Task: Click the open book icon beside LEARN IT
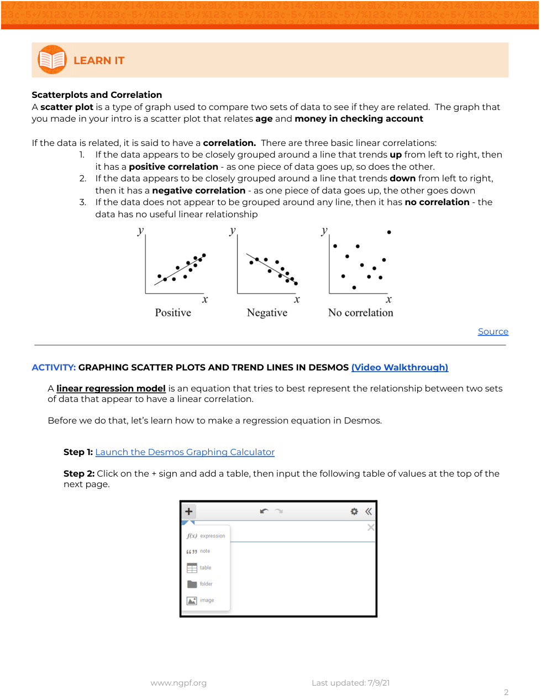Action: [52, 60]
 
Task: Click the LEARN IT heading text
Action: [99, 61]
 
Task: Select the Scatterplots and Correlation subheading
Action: [97, 95]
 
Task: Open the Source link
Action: [493, 331]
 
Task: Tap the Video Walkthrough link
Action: [400, 367]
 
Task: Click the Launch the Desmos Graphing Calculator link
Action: [185, 452]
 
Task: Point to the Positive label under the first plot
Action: [173, 312]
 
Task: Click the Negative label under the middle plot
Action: [267, 312]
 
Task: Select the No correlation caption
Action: [360, 312]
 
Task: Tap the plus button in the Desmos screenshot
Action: [188, 511]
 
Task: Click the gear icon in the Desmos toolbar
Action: [354, 511]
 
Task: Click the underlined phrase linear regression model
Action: [111, 388]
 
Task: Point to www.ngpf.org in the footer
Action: [178, 683]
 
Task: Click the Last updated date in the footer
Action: [350, 683]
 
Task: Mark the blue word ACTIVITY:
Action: [54, 367]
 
